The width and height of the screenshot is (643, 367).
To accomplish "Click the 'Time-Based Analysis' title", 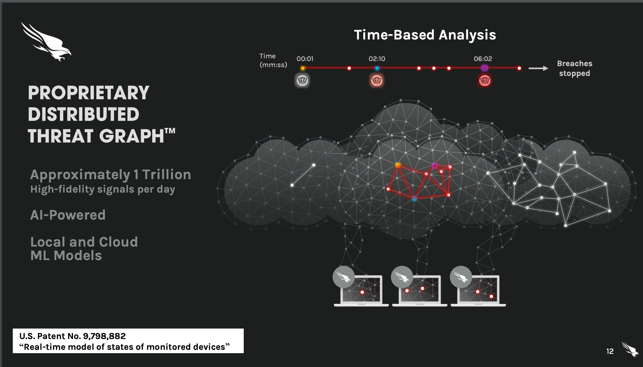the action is [425, 35].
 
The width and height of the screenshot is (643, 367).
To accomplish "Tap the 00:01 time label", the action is [305, 59].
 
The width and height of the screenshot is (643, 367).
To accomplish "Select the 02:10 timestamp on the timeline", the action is [377, 59].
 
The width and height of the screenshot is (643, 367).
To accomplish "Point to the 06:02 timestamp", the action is [483, 59].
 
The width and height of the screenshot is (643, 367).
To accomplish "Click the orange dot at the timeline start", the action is [303, 68].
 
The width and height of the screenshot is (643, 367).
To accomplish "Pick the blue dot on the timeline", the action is [377, 68].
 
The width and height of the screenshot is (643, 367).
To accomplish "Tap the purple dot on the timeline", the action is [484, 68].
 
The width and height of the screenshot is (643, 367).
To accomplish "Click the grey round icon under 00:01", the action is [302, 81].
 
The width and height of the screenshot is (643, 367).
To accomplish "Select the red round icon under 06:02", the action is [485, 81].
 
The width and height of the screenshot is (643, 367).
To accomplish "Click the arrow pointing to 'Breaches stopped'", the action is [538, 68].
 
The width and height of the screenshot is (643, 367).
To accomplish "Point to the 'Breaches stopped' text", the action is [575, 68].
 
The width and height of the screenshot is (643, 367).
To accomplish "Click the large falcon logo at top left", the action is [46, 41].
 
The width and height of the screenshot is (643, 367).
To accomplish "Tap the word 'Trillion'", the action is [166, 175].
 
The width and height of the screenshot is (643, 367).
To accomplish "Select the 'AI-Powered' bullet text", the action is [68, 215].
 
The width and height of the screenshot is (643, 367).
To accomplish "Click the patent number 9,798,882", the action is [104, 336].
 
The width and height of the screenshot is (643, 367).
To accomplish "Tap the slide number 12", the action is [610, 351].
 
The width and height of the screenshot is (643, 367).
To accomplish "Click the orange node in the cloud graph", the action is [398, 165].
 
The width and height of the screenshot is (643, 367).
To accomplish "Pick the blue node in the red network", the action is [414, 199].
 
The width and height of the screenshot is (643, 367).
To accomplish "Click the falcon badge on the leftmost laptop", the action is [344, 277].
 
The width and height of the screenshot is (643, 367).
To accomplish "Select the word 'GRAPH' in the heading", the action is [131, 136].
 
